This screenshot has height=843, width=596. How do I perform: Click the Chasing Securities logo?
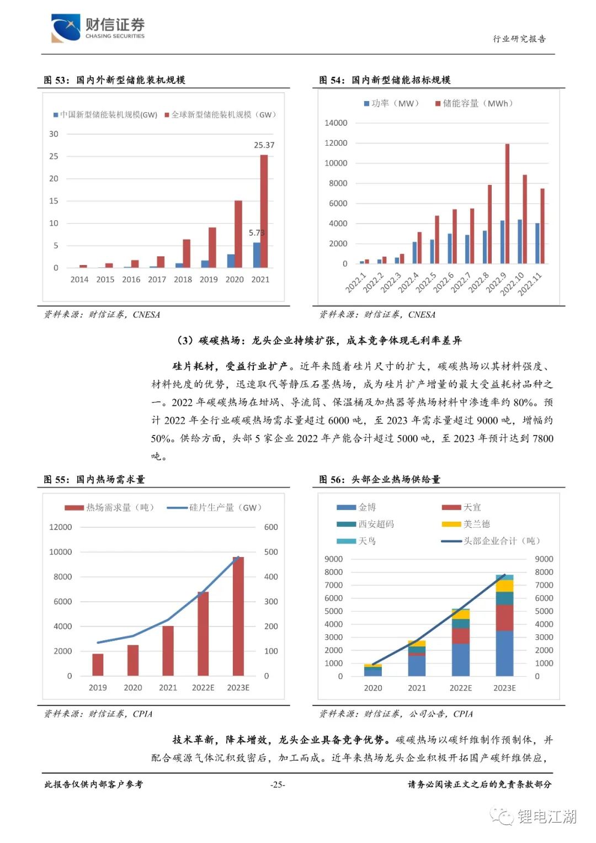(x=98, y=28)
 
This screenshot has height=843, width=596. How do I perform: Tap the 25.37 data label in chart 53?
(x=264, y=145)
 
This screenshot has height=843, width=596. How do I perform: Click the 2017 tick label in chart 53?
(x=157, y=279)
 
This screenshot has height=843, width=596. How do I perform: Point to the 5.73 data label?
(x=256, y=232)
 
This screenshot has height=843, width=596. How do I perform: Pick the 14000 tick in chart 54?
(x=336, y=123)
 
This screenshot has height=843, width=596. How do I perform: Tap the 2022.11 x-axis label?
(x=530, y=284)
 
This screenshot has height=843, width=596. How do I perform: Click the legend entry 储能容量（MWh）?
(x=475, y=103)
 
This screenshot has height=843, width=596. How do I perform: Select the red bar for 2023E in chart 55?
(x=238, y=616)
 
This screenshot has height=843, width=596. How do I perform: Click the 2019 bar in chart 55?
(x=98, y=664)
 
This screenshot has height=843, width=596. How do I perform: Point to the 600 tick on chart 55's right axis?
(x=271, y=527)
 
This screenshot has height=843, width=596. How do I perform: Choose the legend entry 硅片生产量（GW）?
(x=215, y=507)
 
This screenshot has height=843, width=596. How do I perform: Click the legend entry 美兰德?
(x=466, y=524)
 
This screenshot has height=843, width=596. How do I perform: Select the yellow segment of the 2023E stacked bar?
(x=504, y=586)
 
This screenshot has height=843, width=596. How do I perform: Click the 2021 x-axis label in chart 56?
(x=417, y=688)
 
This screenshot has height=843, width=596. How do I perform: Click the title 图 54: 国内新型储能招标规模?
(x=385, y=80)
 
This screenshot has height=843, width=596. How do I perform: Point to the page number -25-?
(x=278, y=784)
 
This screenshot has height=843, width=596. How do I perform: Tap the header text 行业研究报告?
(x=519, y=39)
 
